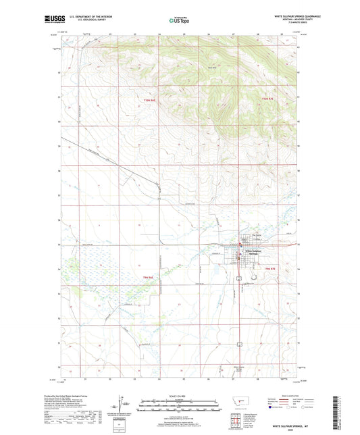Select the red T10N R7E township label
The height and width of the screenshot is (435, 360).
coord(269,100)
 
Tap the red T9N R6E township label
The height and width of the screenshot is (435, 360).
coord(149,277)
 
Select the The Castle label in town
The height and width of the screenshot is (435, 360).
coord(256,235)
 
